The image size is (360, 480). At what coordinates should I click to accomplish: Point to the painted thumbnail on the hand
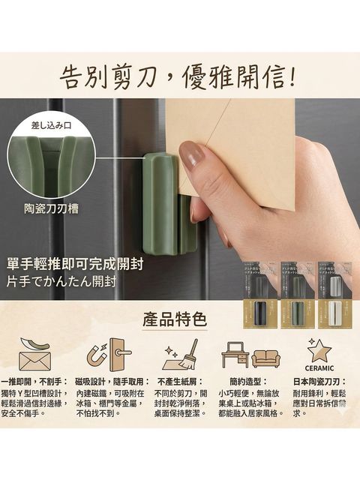(193, 155)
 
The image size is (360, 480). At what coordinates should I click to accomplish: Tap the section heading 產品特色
(174, 318)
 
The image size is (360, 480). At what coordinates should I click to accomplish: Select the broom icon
(180, 353)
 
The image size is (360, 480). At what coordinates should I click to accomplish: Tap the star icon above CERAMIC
(321, 349)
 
